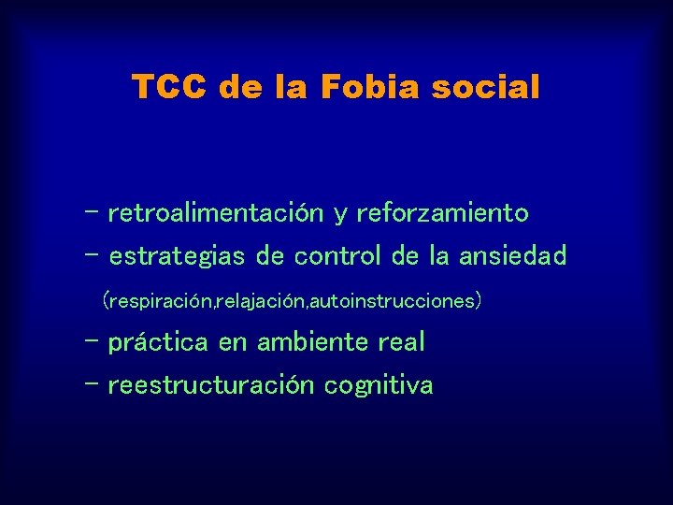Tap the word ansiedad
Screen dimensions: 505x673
click(511, 256)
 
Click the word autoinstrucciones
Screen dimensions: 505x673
click(394, 301)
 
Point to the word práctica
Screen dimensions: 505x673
click(158, 342)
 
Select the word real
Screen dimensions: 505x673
click(401, 342)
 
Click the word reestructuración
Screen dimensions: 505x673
click(211, 385)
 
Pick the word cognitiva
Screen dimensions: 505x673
click(379, 385)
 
